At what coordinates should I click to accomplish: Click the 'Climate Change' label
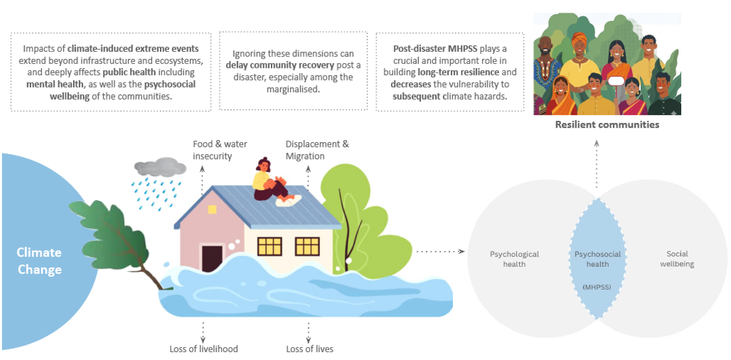(x=39, y=260)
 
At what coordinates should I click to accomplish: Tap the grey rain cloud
(x=159, y=167)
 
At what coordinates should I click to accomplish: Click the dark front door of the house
(x=212, y=258)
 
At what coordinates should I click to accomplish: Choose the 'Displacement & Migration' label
(x=317, y=150)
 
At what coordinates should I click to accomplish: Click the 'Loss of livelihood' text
(x=203, y=349)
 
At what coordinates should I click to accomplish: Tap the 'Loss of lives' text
(x=309, y=349)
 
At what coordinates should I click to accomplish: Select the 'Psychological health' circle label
(x=514, y=259)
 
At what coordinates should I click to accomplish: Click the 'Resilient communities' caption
(x=607, y=124)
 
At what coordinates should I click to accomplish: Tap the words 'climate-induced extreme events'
(x=133, y=49)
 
